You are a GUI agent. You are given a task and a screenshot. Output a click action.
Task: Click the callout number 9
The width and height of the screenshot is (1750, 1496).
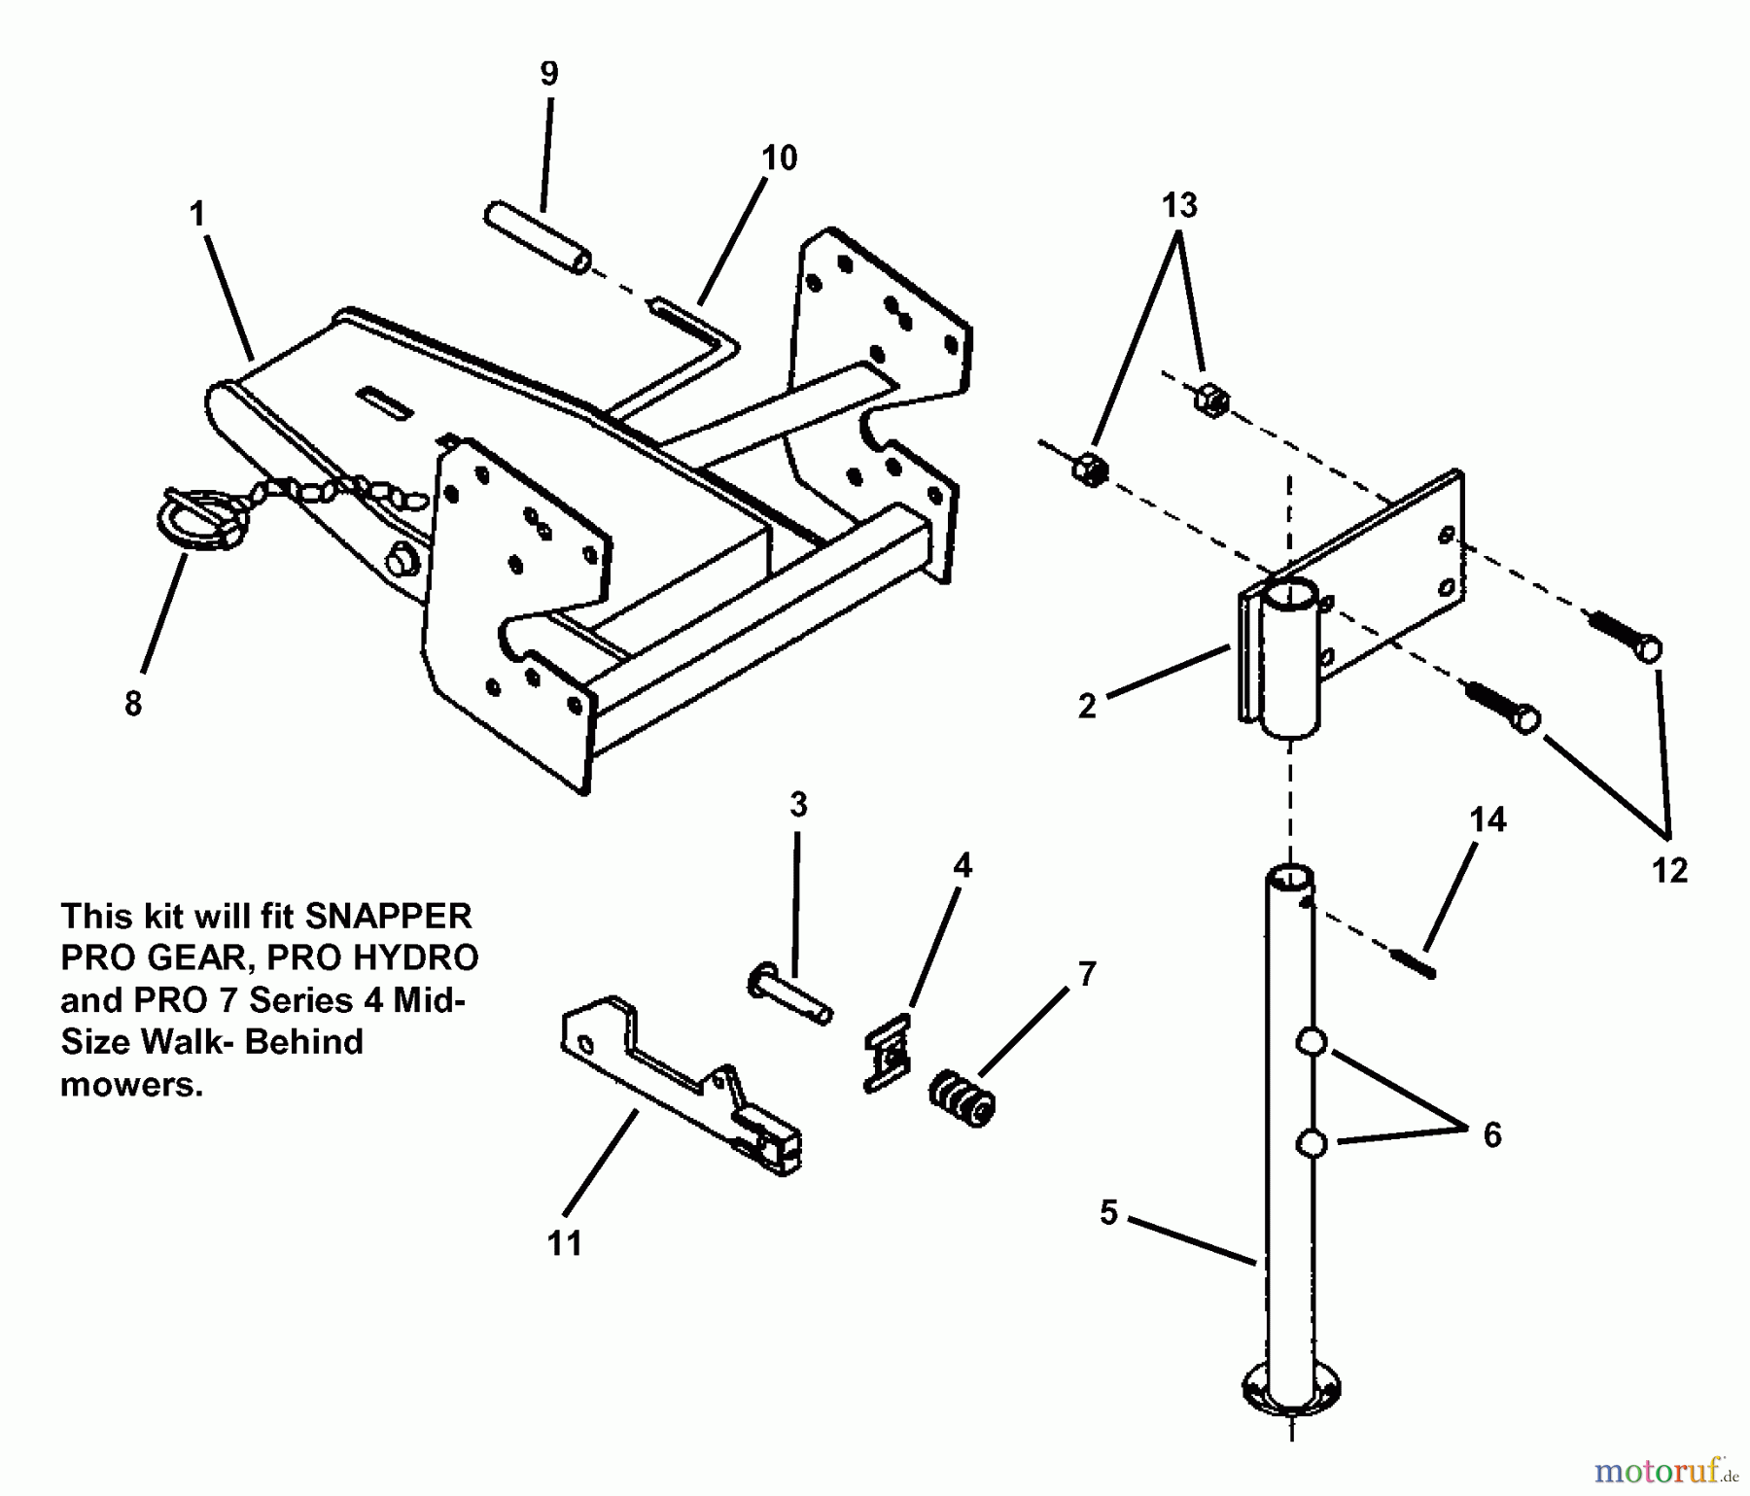549,74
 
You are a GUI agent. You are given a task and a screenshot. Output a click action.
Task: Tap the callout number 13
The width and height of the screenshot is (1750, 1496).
1179,206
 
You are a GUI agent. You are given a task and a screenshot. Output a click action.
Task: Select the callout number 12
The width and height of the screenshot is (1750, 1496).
1670,871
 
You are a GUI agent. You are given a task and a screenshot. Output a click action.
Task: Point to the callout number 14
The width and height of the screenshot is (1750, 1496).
1488,820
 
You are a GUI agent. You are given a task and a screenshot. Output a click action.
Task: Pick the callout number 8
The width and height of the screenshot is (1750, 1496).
133,703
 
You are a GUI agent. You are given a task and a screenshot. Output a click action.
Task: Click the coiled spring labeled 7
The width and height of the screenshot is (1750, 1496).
962,1099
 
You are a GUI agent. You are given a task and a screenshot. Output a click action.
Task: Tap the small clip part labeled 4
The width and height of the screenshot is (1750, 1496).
889,1052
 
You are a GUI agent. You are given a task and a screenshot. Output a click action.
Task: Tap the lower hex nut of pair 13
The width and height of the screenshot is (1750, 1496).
1090,470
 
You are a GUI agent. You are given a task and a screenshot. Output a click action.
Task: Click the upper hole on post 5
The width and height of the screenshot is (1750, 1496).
1312,1043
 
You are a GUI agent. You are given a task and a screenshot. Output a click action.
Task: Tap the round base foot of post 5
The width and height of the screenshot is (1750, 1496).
1291,1391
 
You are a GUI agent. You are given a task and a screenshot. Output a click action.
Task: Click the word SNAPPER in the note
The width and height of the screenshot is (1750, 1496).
389,916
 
